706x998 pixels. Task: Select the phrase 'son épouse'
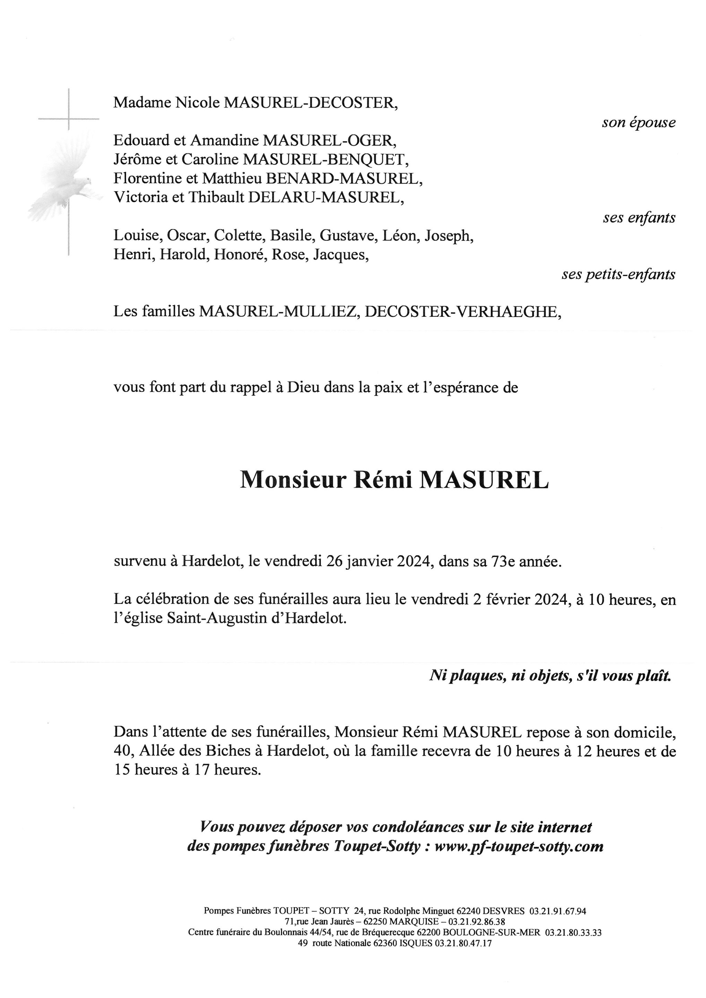638,123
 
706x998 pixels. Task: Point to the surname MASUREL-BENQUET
325,159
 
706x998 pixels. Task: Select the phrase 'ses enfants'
639,218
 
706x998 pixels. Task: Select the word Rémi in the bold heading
383,480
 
